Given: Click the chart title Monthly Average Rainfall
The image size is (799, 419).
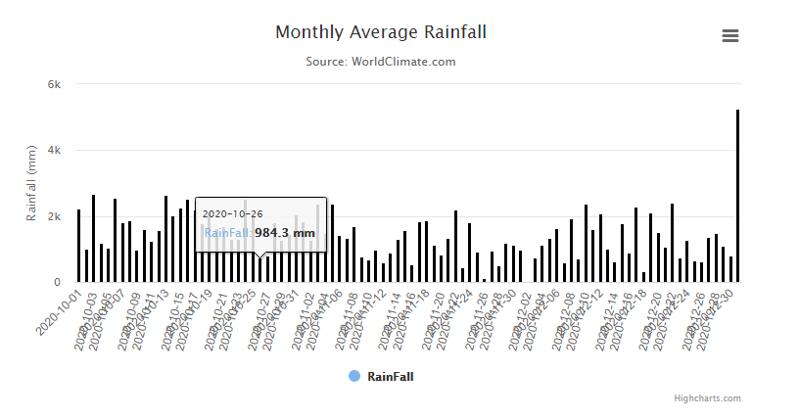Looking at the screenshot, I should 380,32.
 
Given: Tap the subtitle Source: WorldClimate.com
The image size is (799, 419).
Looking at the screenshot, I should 380,62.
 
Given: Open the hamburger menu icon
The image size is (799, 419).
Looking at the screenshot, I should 729,36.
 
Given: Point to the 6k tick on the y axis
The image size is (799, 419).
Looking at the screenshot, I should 55,84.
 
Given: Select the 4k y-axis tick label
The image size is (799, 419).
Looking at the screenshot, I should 55,150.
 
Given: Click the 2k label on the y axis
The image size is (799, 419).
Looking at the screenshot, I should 55,216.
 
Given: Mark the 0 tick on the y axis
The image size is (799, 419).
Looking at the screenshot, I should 58,282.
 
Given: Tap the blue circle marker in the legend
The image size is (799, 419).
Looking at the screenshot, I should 354,376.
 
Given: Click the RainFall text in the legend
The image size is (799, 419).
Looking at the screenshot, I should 390,376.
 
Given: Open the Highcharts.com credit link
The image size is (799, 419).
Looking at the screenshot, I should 707,398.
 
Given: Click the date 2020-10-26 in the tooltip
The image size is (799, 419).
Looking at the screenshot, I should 232,213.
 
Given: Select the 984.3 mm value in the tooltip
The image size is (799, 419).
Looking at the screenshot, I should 285,233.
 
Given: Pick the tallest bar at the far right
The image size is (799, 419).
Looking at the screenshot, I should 737,196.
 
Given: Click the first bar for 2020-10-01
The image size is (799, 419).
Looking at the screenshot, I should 79,246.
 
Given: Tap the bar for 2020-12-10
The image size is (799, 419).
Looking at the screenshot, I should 586,244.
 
